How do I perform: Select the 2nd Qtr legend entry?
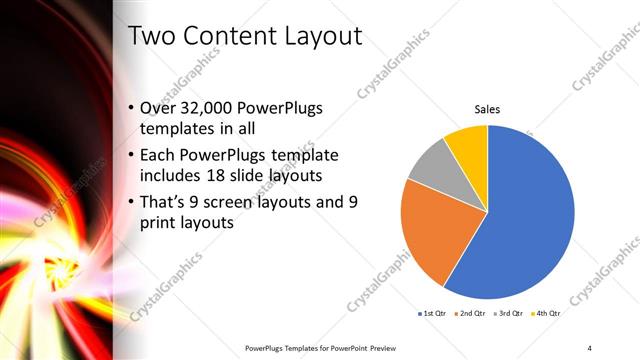(472, 314)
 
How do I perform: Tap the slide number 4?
(590, 347)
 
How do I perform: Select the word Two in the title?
(154, 37)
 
